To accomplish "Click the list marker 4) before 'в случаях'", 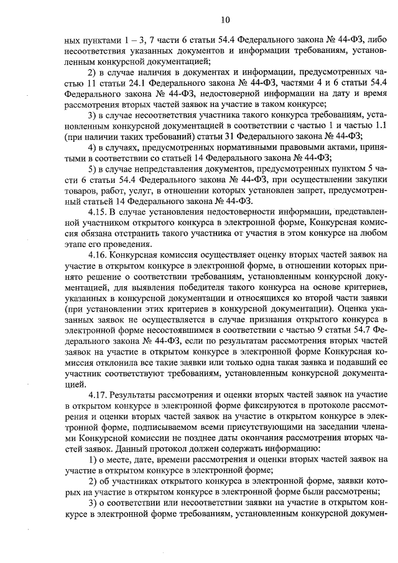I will (x=93, y=147).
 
